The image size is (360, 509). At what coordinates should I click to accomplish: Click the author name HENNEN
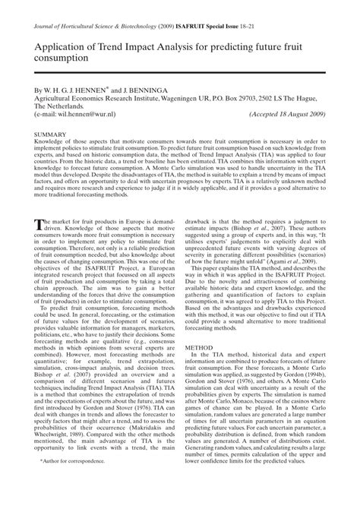[x=93, y=90]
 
